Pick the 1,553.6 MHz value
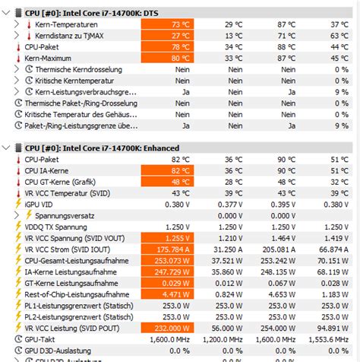click(x=331, y=339)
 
